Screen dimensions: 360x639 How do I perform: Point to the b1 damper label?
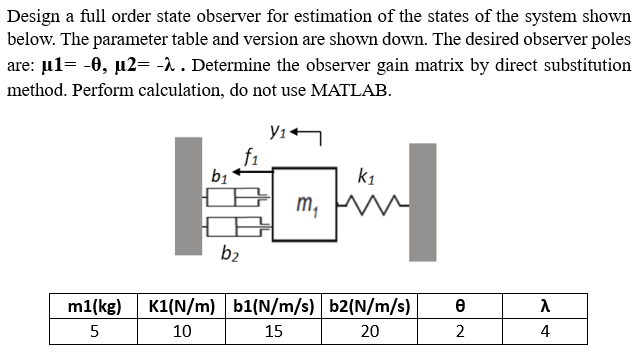click(x=218, y=176)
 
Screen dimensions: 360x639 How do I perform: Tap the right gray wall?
click(x=422, y=201)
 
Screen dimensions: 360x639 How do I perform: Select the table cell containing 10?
click(x=184, y=332)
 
